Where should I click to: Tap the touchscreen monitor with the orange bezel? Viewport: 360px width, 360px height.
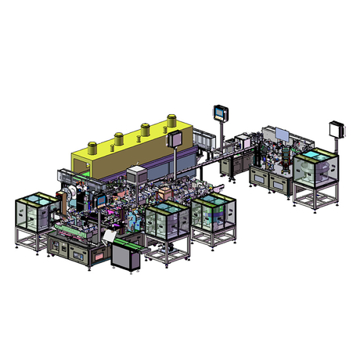pyautogui.click(x=220, y=112)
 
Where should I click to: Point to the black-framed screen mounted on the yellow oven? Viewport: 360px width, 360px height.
pyautogui.click(x=174, y=140)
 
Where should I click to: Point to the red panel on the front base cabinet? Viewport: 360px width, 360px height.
pyautogui.click(x=99, y=256)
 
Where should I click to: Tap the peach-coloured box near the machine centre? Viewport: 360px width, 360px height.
pyautogui.click(x=164, y=192)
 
